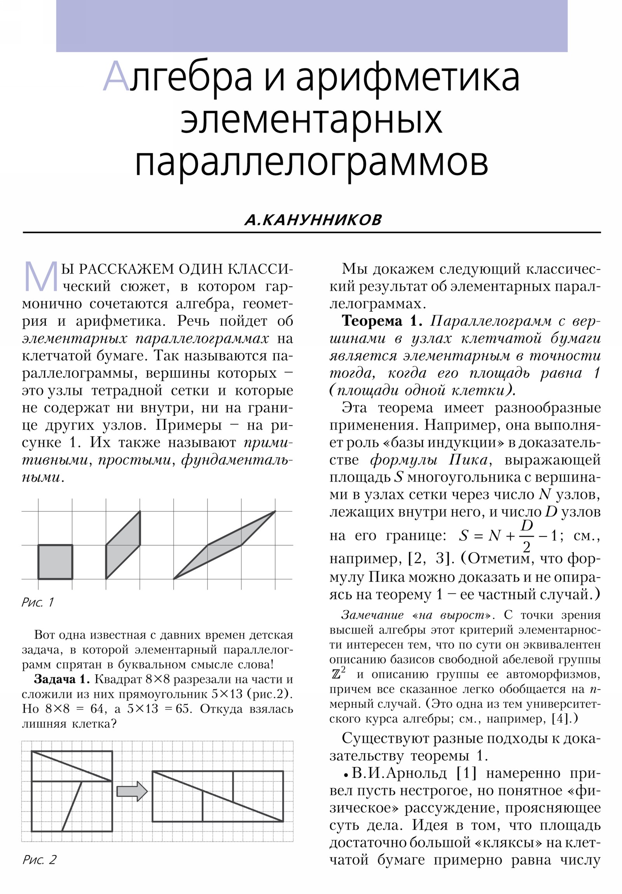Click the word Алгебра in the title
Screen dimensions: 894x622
pyautogui.click(x=177, y=77)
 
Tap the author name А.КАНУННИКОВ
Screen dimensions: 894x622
pyautogui.click(x=313, y=220)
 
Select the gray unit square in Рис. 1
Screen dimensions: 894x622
pyautogui.click(x=55, y=562)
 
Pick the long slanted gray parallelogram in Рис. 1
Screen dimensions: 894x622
pyautogui.click(x=224, y=545)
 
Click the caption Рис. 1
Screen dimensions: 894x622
pyautogui.click(x=38, y=602)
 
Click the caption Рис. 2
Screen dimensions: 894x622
pyautogui.click(x=39, y=860)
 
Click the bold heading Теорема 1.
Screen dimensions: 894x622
pyautogui.click(x=382, y=321)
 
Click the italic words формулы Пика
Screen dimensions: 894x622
pyautogui.click(x=429, y=460)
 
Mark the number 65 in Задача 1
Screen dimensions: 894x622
pyautogui.click(x=182, y=709)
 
